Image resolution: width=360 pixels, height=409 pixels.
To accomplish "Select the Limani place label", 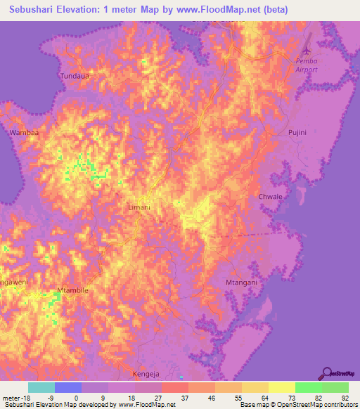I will point(139,208).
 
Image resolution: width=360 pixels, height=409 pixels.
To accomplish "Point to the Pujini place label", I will point(299,132).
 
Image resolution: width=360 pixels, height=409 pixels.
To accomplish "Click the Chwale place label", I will point(270,197).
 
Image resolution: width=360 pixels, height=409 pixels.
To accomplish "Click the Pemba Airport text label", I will point(307,65).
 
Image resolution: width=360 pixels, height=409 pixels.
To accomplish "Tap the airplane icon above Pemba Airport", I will point(306,51).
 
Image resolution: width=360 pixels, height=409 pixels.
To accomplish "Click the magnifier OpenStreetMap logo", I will point(326,372).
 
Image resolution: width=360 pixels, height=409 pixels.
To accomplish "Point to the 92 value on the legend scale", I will point(344,397).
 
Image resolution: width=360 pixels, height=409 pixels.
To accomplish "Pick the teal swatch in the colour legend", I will point(41,387).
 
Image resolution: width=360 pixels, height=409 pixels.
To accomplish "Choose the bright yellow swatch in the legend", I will point(281,387).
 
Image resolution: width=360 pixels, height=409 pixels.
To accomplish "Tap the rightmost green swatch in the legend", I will point(335,387).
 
